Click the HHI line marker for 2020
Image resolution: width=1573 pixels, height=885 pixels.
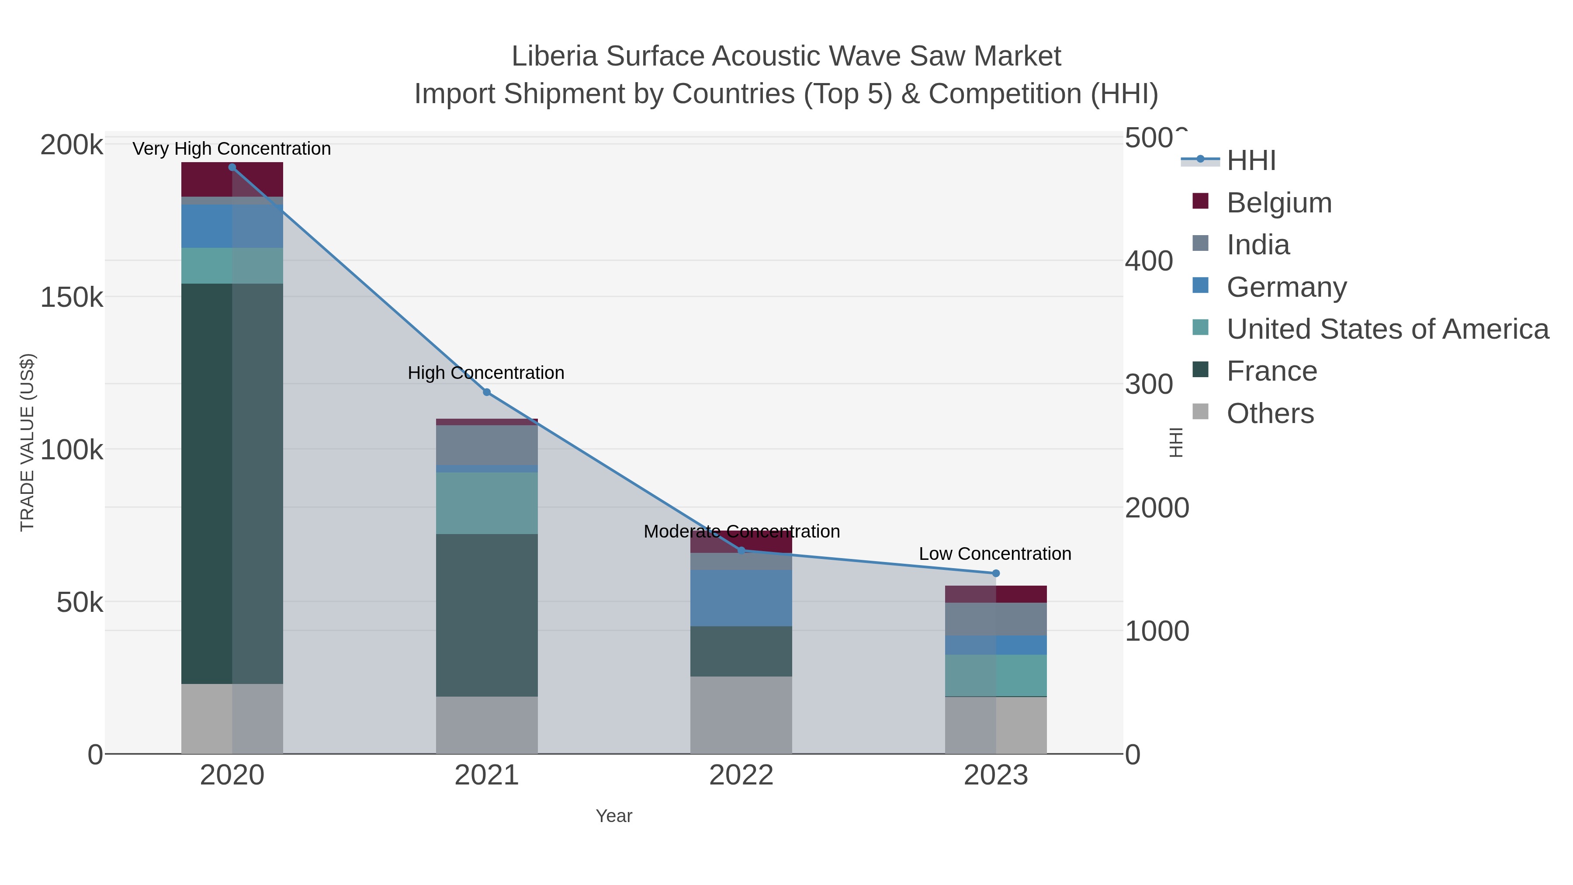click(x=232, y=167)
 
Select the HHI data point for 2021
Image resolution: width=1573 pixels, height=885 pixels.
click(x=487, y=392)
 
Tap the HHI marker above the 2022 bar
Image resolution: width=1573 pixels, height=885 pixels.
click(x=741, y=550)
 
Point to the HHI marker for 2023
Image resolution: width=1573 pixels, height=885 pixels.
click(x=996, y=573)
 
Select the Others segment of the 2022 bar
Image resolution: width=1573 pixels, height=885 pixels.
click(x=741, y=715)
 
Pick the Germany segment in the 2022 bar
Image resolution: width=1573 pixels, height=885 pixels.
click(x=741, y=598)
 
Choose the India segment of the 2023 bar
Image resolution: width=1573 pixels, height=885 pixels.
click(x=996, y=619)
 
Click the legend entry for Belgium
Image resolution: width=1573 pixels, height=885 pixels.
click(x=1278, y=203)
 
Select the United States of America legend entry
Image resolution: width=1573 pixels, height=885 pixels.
click(x=1387, y=329)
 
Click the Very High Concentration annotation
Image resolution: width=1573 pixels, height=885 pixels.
click(x=232, y=149)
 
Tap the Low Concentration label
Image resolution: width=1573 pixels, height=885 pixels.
click(x=995, y=554)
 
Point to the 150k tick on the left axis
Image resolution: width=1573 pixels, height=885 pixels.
click(x=72, y=298)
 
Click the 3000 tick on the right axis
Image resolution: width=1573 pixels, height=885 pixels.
click(x=1149, y=385)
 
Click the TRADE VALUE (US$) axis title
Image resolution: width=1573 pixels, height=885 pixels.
click(x=28, y=442)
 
